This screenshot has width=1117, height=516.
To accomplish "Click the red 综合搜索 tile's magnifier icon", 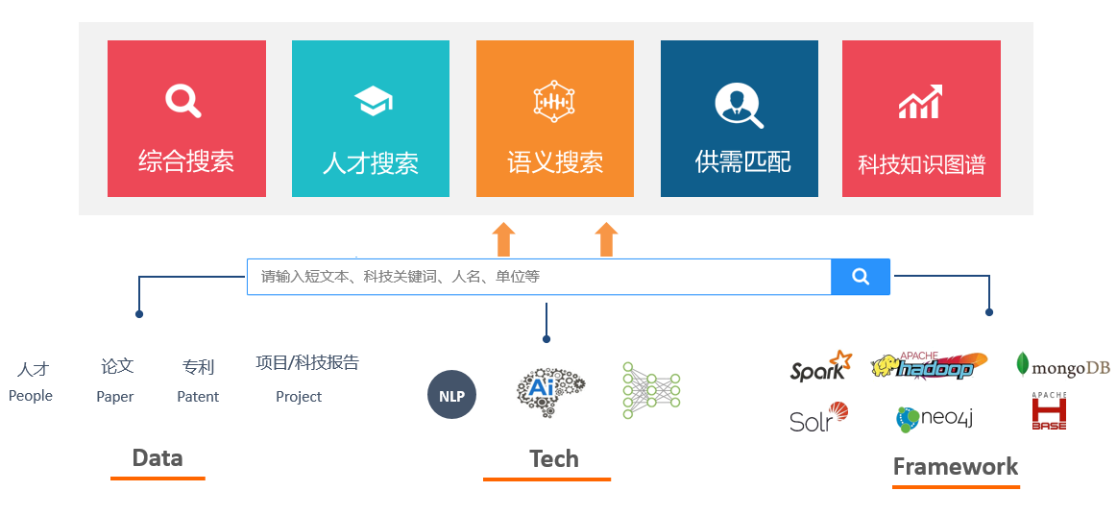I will tap(182, 100).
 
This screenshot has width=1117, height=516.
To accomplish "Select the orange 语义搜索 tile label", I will tap(555, 162).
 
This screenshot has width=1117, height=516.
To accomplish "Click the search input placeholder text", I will tap(401, 277).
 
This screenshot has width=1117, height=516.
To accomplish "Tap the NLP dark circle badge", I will tap(451, 395).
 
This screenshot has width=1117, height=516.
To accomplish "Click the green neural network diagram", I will tap(651, 390).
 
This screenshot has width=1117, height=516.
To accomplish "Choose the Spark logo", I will tap(820, 367).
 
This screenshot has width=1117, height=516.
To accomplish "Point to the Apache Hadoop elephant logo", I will tap(928, 366).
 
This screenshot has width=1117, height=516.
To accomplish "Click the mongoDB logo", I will tap(1062, 366).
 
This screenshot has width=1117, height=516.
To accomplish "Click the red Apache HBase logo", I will tap(1049, 412).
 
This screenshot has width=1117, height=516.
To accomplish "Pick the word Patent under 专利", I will tap(198, 396).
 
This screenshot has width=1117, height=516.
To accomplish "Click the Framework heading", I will tap(956, 467).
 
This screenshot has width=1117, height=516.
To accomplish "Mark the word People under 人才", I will tap(31, 395).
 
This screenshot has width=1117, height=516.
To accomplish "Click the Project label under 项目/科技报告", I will tap(299, 396).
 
